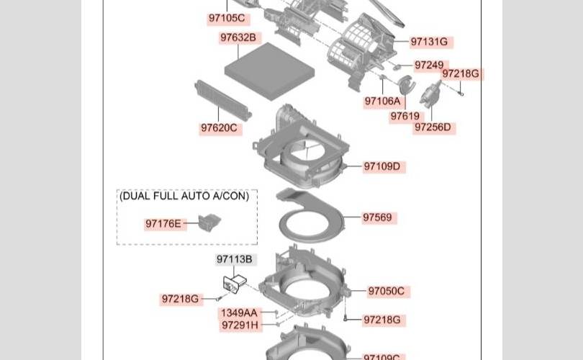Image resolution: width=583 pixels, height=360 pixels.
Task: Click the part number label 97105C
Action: point(227,18)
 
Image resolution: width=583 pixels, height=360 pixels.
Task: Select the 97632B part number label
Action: point(238,37)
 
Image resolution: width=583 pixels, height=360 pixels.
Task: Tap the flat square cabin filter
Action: point(270,70)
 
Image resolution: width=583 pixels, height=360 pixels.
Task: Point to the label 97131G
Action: point(430,42)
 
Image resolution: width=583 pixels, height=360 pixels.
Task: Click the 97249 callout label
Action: point(430,65)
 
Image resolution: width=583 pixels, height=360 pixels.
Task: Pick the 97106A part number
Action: point(383,101)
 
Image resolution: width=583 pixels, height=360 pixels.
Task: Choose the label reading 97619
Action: point(405,117)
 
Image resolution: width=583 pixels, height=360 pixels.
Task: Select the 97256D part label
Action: point(433,127)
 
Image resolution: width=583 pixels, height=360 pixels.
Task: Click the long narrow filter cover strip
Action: point(223,99)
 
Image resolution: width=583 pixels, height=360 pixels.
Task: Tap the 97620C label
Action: point(220,128)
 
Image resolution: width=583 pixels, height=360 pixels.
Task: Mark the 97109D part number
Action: point(383,166)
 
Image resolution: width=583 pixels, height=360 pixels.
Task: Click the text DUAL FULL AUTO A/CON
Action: point(184,196)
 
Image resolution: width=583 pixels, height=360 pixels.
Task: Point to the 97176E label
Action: point(163,224)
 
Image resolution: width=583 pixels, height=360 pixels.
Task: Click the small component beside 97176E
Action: point(209,222)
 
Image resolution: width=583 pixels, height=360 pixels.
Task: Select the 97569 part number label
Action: point(378,217)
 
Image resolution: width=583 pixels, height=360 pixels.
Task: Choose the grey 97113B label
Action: point(235,259)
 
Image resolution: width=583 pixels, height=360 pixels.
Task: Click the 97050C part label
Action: point(387,291)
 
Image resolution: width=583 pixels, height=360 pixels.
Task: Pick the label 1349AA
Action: point(240,313)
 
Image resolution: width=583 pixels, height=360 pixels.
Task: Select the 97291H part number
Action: point(240,325)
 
